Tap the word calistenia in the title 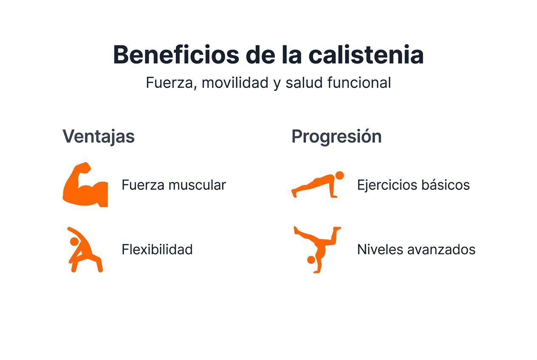pos(366,55)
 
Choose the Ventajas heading pos(99,137)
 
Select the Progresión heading pos(336,137)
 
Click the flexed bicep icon pos(85,185)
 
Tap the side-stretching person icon pos(84,249)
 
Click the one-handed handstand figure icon pos(317,249)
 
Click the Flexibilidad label pos(157,249)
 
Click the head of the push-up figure pos(339,175)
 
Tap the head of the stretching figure pos(74,241)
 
